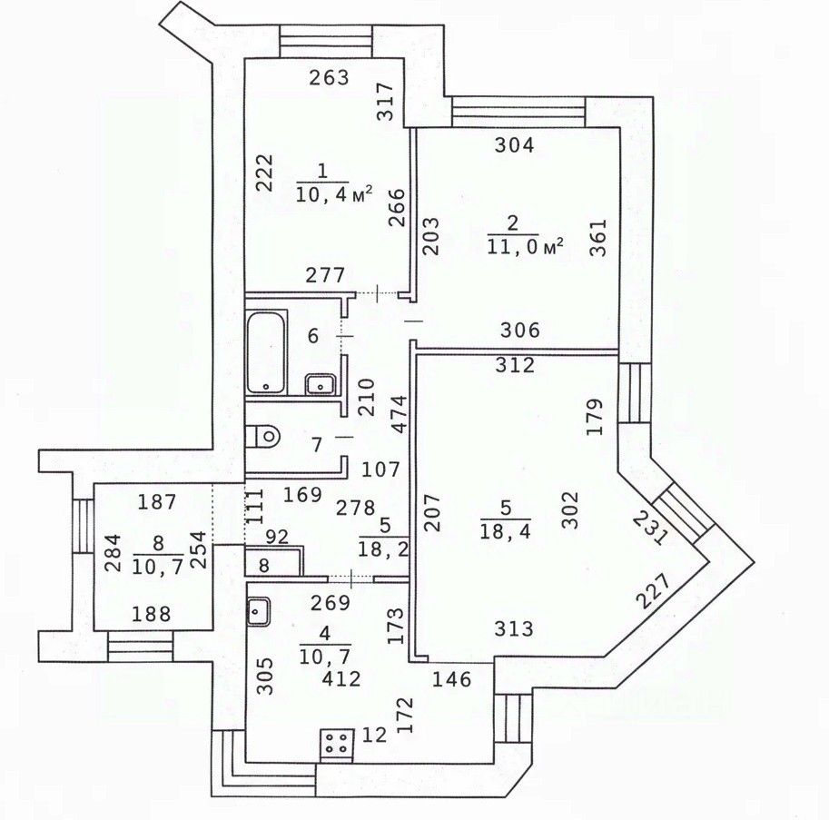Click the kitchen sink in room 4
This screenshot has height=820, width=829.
pyautogui.click(x=259, y=610)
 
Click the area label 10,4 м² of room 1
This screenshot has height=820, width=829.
pyautogui.click(x=334, y=191)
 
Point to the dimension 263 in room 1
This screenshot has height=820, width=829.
pyautogui.click(x=329, y=78)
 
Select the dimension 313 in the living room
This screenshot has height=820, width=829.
pyautogui.click(x=514, y=628)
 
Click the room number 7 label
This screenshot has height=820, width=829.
pyautogui.click(x=316, y=445)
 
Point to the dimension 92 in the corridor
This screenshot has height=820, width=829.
pyautogui.click(x=278, y=536)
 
